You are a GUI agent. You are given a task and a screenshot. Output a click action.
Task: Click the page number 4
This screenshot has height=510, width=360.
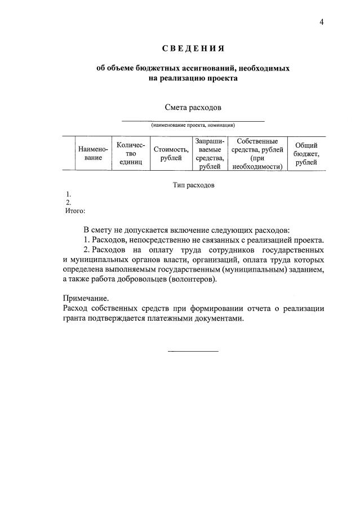(x=322, y=22)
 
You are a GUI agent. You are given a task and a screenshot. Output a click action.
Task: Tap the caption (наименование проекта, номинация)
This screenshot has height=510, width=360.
(x=193, y=126)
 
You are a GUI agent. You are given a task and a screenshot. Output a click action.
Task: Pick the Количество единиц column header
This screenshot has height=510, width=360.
(x=131, y=153)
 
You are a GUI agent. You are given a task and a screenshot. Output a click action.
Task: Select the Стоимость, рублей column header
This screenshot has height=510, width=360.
(x=171, y=153)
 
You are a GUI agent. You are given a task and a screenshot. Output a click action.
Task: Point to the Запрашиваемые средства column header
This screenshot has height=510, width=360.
(x=210, y=153)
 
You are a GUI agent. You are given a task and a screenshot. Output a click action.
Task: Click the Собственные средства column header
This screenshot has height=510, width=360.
(x=257, y=153)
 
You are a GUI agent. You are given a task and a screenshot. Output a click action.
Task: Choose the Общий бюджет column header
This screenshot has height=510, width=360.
(x=306, y=153)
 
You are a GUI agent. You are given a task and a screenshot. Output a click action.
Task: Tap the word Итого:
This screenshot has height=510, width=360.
(x=75, y=211)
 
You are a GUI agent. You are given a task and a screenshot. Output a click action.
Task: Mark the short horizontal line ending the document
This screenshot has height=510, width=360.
(x=193, y=352)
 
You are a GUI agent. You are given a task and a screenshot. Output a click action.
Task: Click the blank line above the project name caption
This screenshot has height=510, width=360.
(x=193, y=120)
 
